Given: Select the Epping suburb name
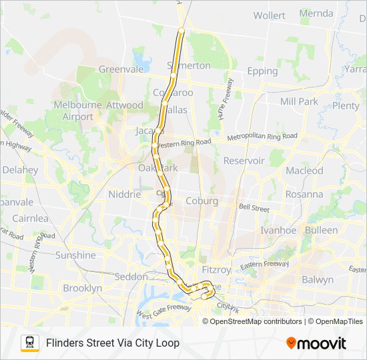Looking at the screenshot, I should [x=262, y=71].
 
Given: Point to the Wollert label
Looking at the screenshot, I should [x=270, y=15].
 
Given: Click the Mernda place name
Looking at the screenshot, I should [x=316, y=13].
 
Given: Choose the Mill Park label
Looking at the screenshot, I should [x=299, y=101].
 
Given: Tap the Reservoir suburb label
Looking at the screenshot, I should [x=244, y=161].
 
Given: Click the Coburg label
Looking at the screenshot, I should [x=202, y=201].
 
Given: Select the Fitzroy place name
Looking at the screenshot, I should [x=216, y=270].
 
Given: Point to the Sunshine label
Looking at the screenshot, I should [x=75, y=255].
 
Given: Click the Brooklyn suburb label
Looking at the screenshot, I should [x=83, y=289].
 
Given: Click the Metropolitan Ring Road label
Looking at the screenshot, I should [x=262, y=137].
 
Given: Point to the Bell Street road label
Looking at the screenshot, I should [x=254, y=209].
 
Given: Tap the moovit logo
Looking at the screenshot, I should [x=316, y=343].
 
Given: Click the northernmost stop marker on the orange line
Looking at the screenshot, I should [x=181, y=30].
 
